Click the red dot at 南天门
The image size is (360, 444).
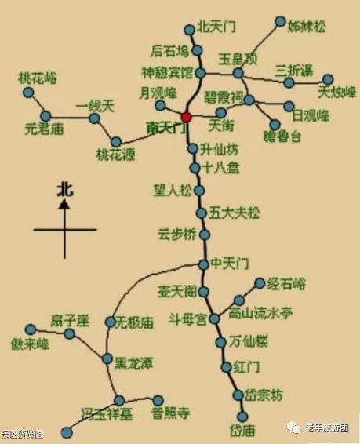click(x=186, y=118)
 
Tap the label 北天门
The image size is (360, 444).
click(x=216, y=26)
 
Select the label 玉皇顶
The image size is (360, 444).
click(x=237, y=58)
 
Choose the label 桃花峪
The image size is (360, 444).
click(x=37, y=78)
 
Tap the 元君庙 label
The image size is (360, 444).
click(x=44, y=129)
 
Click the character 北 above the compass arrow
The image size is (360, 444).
click(x=64, y=188)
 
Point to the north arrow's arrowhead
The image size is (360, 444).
click(x=64, y=203)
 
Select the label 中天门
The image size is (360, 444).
click(x=230, y=264)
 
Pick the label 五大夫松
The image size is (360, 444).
click(x=235, y=213)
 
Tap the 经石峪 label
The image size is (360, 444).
click(x=287, y=283)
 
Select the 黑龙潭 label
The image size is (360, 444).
click(x=133, y=362)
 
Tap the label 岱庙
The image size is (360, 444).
click(x=242, y=431)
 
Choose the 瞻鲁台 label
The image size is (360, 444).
click(x=285, y=137)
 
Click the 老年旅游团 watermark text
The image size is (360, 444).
click(x=326, y=428)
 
